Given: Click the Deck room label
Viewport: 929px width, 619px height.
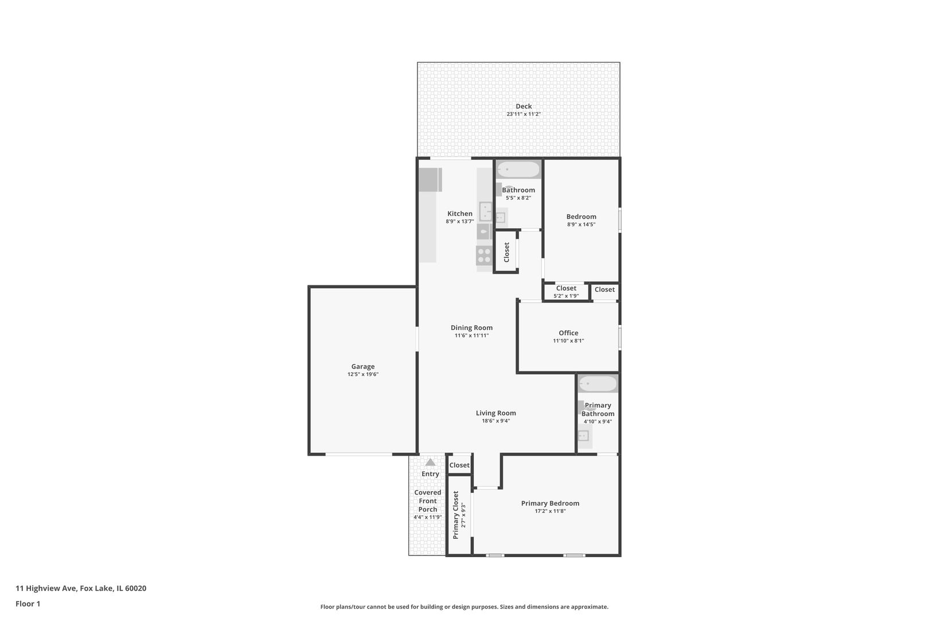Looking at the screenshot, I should point(523,106).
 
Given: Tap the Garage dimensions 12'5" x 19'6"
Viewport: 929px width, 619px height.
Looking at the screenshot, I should point(362,374).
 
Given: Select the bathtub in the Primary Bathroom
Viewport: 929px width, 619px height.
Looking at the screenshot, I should point(598,383).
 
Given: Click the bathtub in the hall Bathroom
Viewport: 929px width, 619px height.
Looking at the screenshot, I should point(518,170).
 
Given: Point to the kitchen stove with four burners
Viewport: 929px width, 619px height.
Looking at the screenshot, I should point(484,255).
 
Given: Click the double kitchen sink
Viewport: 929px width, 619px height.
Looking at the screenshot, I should point(486,212).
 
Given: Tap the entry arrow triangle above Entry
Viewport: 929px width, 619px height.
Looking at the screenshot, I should point(430,462).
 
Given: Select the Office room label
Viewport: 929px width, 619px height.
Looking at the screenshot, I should point(568,333).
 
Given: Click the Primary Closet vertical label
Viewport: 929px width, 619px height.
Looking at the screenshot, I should point(456,515).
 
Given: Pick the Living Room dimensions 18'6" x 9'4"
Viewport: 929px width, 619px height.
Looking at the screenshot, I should point(495,421).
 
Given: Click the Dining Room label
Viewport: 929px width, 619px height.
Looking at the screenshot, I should point(471,328).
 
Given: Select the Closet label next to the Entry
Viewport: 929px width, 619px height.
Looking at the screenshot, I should point(459,465).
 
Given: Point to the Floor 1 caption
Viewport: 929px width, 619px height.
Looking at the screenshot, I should point(28,604).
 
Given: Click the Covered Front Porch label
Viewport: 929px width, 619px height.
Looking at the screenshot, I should point(428,500).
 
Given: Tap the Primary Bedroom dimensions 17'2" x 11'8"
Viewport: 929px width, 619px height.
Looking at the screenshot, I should point(550,511).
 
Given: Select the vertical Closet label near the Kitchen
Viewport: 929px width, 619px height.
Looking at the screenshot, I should point(506,252).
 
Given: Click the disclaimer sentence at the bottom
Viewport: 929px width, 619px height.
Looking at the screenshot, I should point(464,606).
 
